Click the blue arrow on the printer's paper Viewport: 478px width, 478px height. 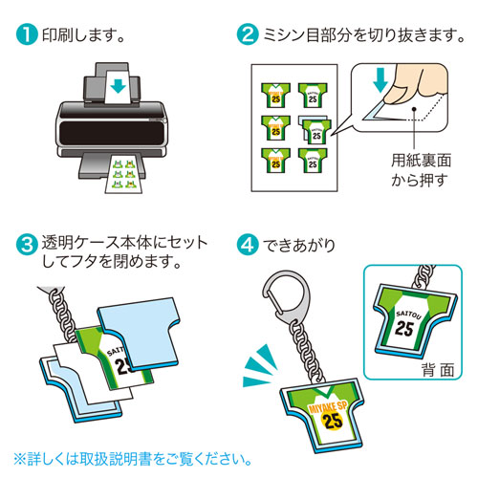click(117, 86)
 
